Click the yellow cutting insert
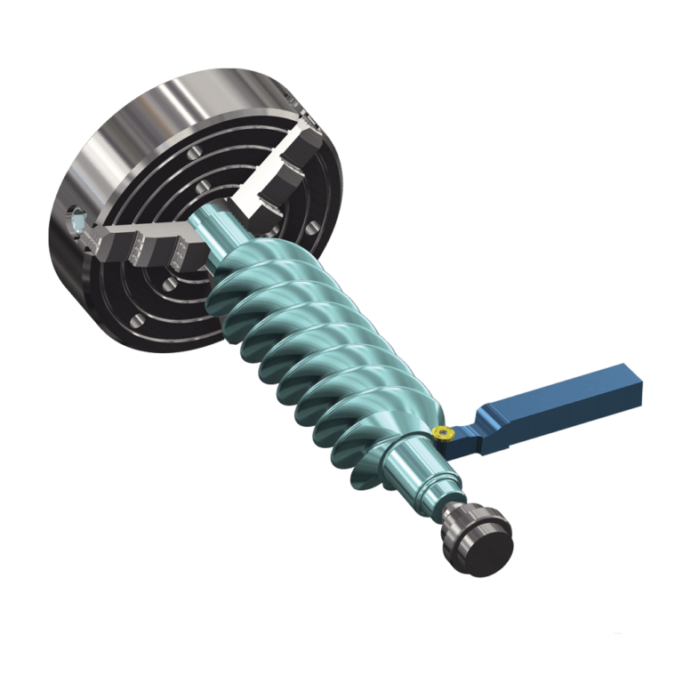442,433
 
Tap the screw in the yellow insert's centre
440,433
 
